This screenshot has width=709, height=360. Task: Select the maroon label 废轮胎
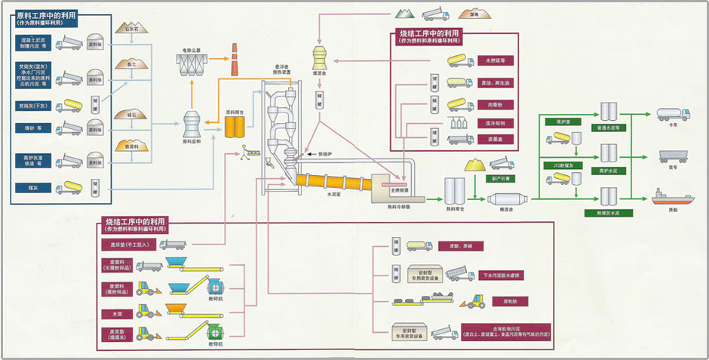pyautogui.click(x=499, y=301)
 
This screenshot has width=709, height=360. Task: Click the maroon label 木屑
pyautogui.click(x=116, y=312)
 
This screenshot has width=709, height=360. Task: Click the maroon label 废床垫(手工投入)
pyautogui.click(x=126, y=244)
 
